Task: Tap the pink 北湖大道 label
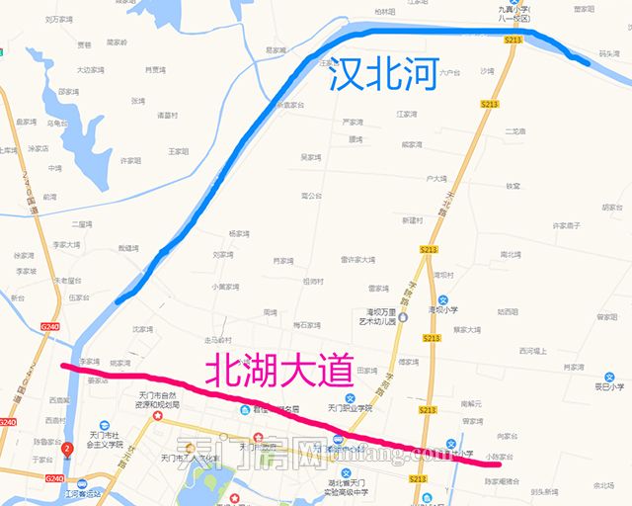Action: click(x=277, y=372)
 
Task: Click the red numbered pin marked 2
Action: click(x=66, y=451)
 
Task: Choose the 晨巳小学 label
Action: click(x=603, y=388)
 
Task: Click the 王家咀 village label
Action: click(x=178, y=151)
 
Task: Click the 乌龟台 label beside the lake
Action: click(x=58, y=124)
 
